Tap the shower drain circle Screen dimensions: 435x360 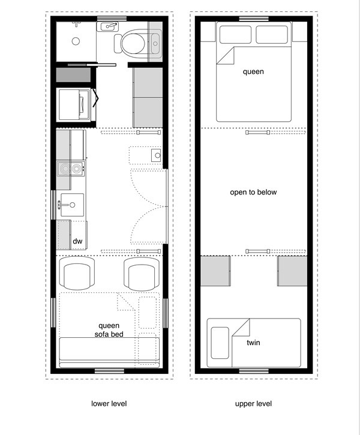[76, 41]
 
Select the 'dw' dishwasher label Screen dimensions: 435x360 [77, 242]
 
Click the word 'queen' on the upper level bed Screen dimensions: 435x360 [253, 71]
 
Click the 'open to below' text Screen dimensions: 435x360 [253, 193]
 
